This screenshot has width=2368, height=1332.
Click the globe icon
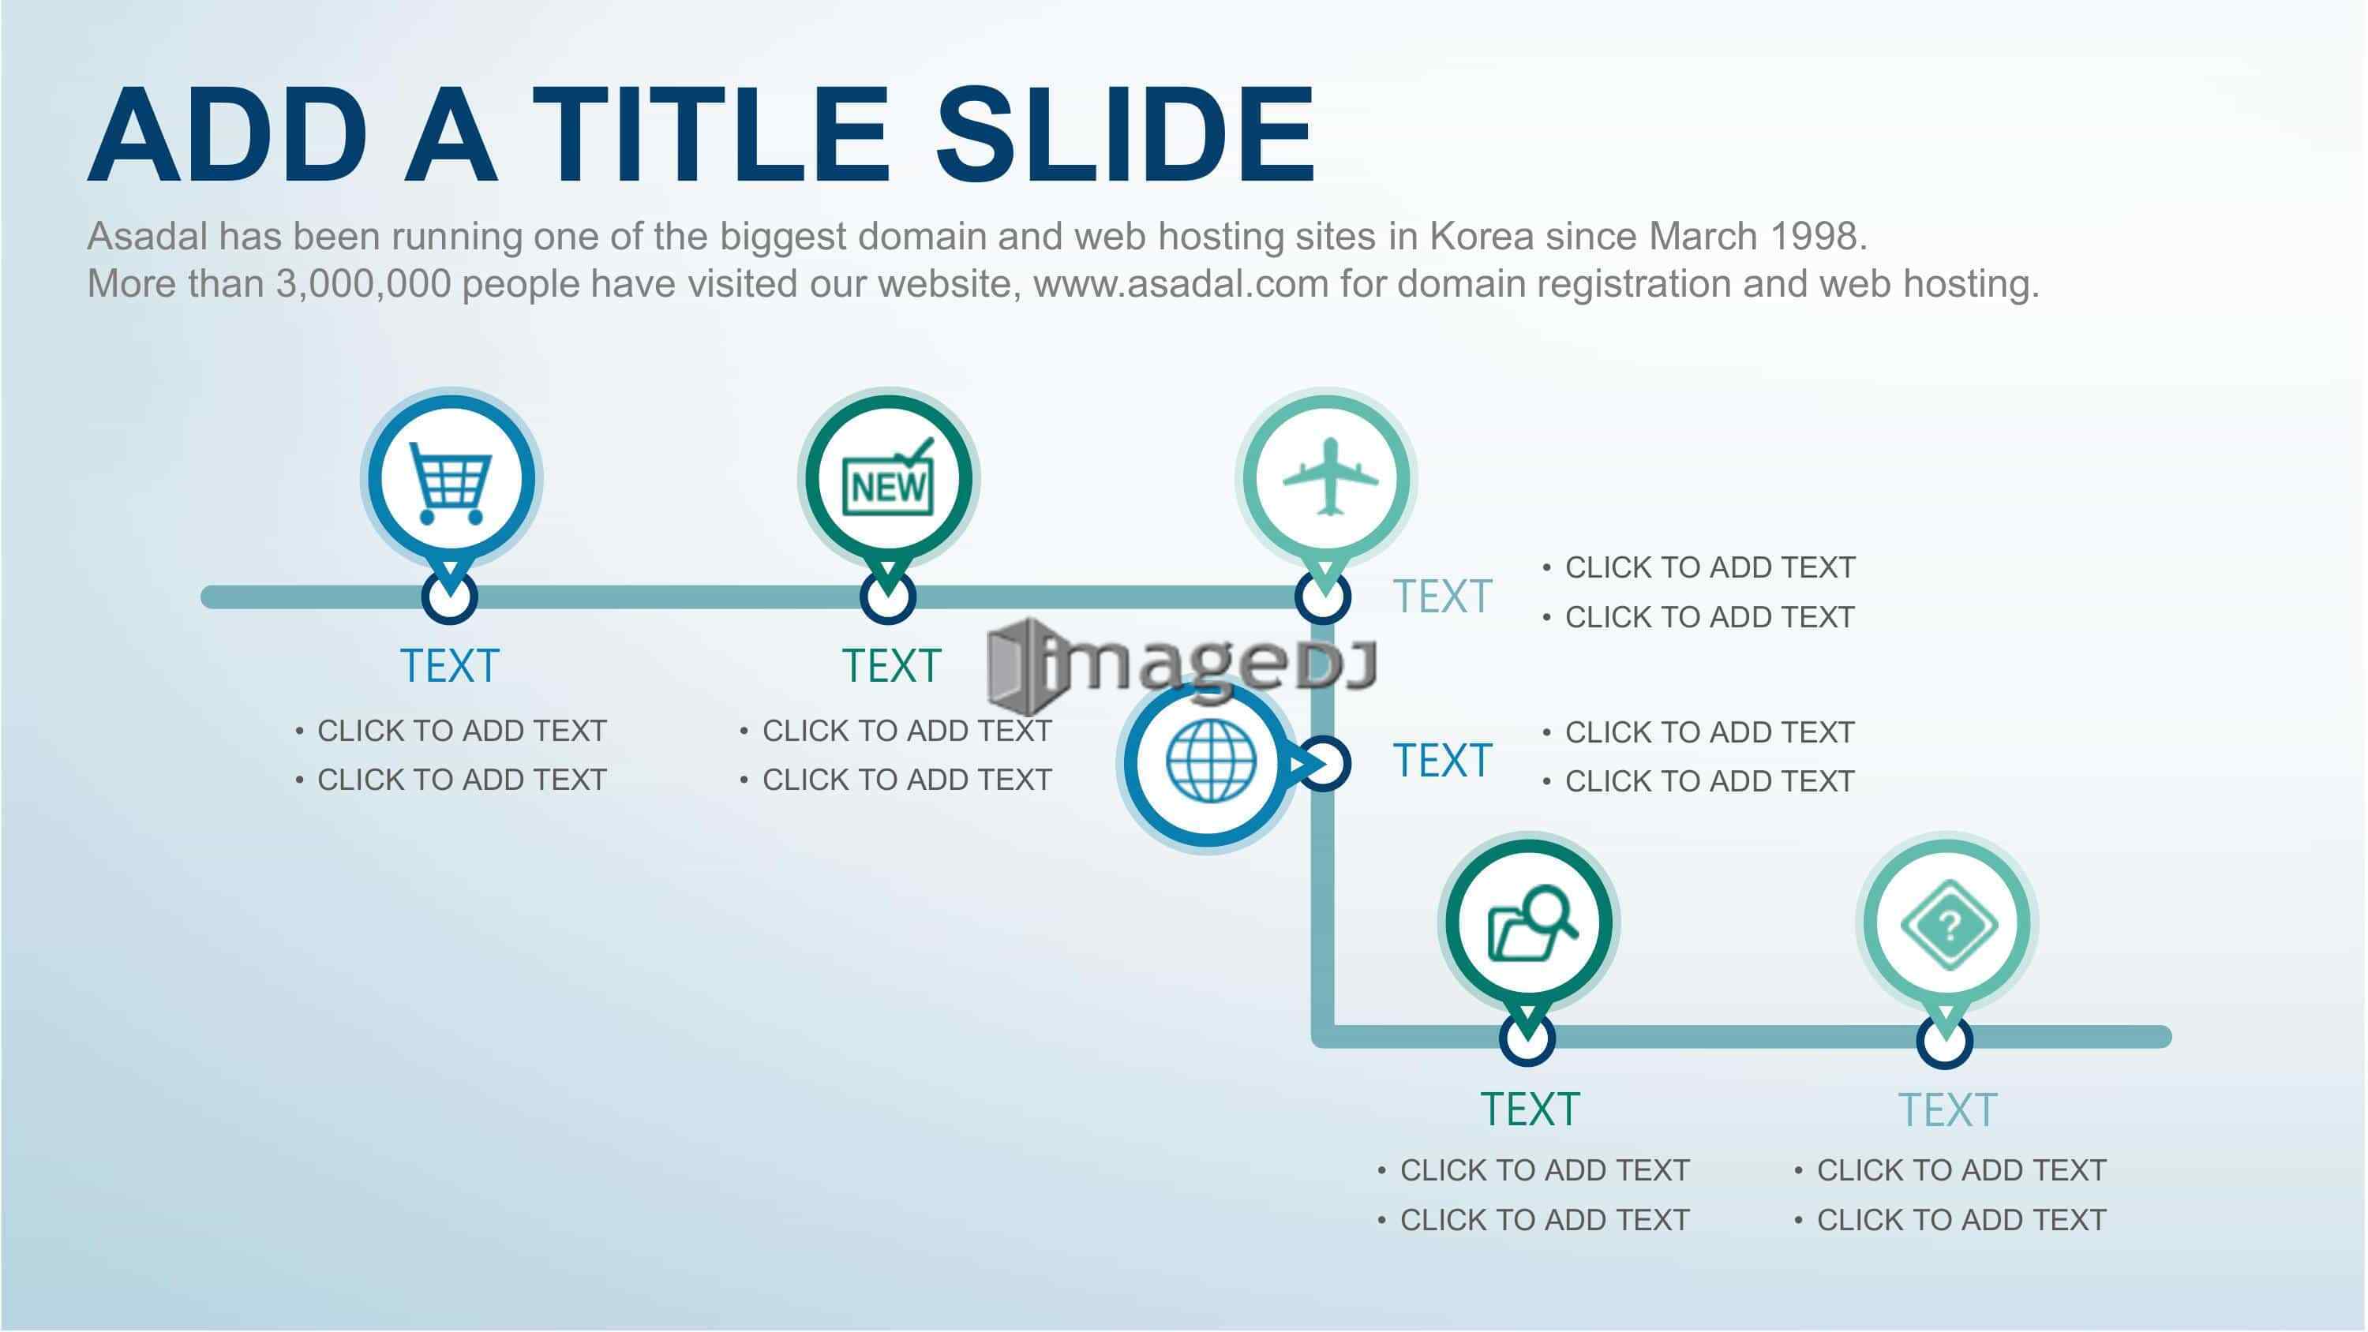coord(1211,760)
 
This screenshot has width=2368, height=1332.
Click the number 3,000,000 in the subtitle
coord(364,284)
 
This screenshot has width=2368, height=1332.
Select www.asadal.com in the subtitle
coord(1182,284)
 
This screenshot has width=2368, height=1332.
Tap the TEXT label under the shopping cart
coord(449,665)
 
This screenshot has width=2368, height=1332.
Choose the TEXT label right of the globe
coord(1442,761)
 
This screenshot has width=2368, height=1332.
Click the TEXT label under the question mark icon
coord(1948,1110)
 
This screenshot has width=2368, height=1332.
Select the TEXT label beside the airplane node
coord(1442,597)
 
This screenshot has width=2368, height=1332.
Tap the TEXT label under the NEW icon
coord(892,665)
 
